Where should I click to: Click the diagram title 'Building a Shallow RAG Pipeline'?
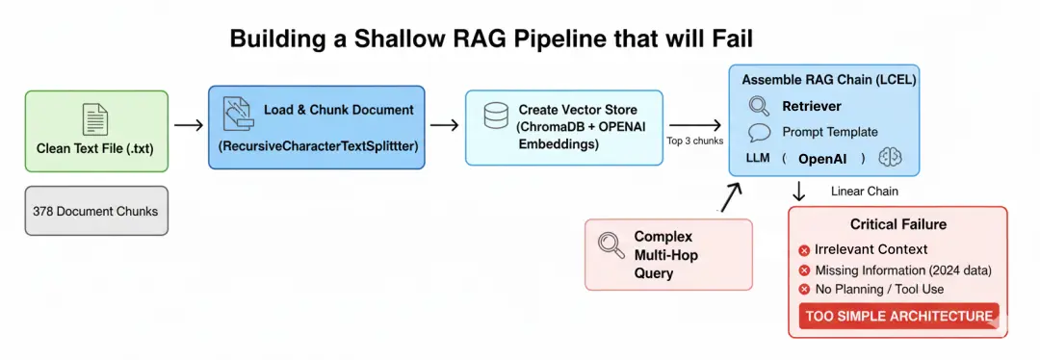pos(491,39)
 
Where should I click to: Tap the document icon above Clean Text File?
pos(95,120)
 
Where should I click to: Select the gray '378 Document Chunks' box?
pos(95,211)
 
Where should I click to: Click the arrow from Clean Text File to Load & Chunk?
pos(189,125)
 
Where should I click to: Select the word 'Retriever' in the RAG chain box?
pos(811,106)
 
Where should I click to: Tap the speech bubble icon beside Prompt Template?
pos(759,133)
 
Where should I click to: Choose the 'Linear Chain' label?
pos(864,192)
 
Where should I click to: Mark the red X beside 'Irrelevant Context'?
pos(804,250)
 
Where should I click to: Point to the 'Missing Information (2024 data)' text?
pos(903,270)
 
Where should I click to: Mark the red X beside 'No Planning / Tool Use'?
pos(804,290)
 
